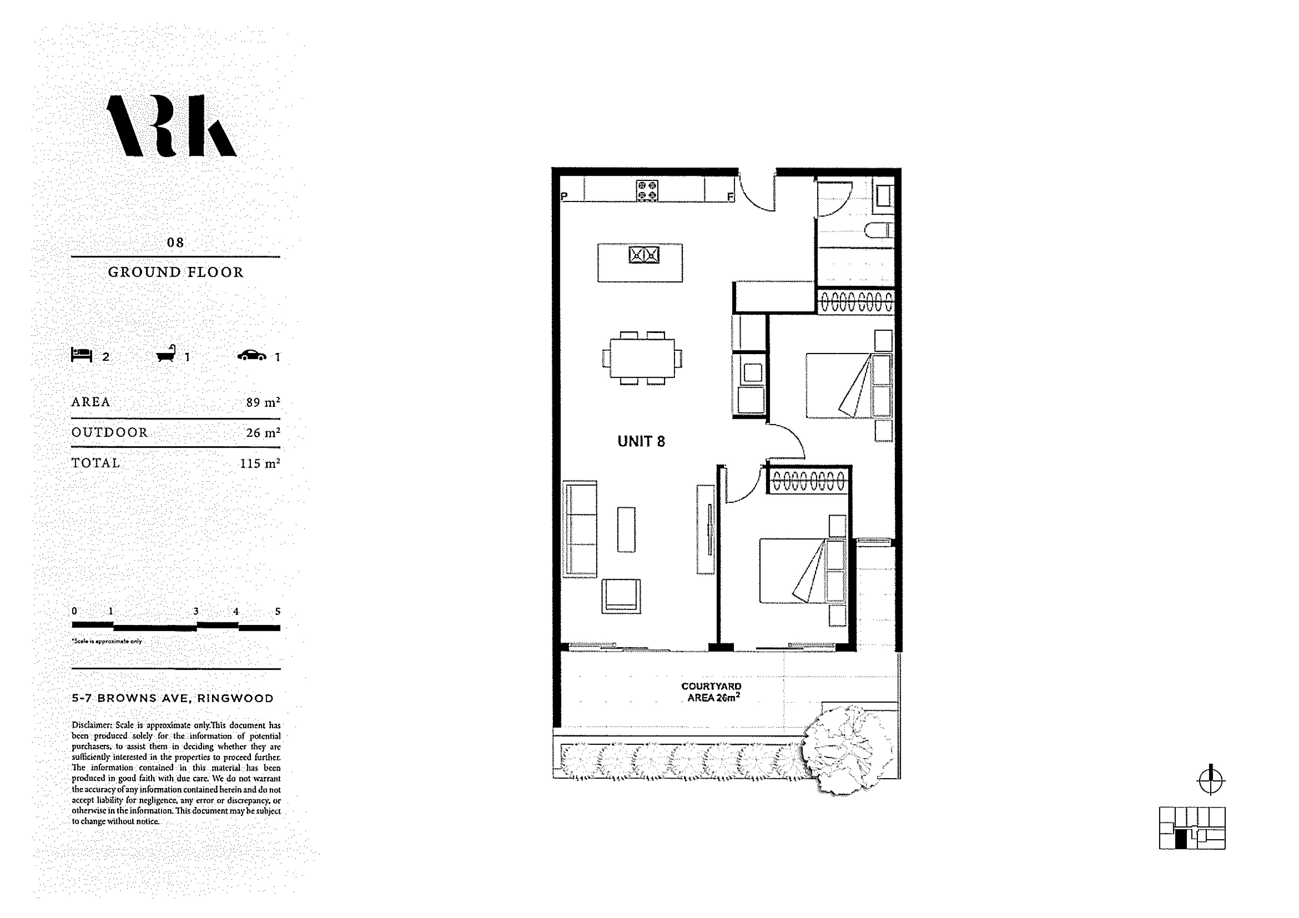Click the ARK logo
[171, 125]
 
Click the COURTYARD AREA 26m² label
[712, 692]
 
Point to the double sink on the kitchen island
[644, 255]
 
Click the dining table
[642, 358]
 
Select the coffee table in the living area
[626, 529]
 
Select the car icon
[252, 355]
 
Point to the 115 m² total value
[260, 463]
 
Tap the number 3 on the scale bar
[196, 611]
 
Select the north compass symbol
[1211, 781]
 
